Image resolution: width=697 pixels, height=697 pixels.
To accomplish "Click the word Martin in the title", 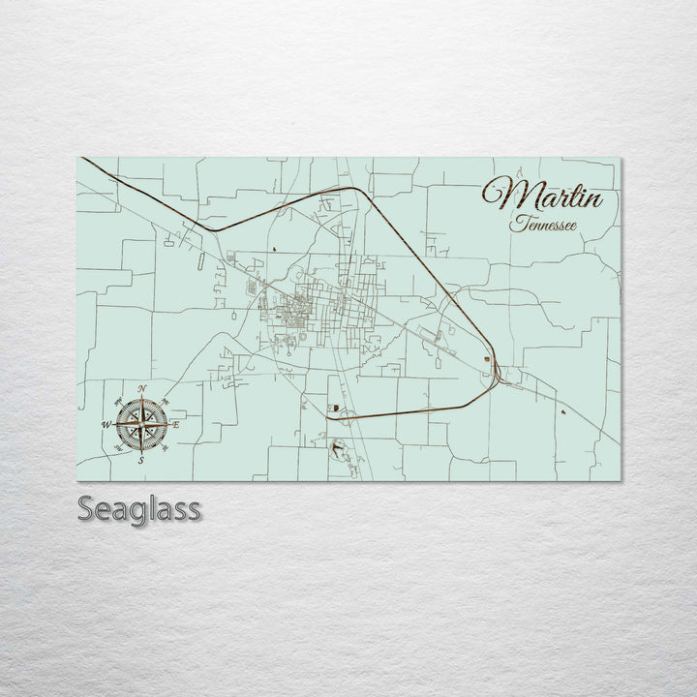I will [x=544, y=197].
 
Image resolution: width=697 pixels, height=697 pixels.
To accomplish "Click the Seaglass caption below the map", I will [x=139, y=508].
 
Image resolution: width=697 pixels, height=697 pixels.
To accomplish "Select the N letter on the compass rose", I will [x=141, y=389].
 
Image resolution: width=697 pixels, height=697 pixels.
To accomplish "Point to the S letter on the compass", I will [x=140, y=460].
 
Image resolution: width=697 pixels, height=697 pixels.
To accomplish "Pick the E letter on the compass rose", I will [x=176, y=424].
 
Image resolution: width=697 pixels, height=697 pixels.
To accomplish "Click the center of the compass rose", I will [x=141, y=424].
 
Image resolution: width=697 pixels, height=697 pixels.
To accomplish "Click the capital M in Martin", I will [x=501, y=196].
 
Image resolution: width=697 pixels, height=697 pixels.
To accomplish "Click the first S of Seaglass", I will [x=86, y=508].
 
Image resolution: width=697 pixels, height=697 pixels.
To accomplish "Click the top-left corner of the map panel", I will [x=77, y=157].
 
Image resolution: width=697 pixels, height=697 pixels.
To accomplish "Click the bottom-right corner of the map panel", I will [x=620, y=481].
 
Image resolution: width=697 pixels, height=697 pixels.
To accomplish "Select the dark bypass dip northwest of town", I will [x=215, y=229].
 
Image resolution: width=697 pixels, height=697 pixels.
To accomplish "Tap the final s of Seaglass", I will [x=195, y=508].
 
